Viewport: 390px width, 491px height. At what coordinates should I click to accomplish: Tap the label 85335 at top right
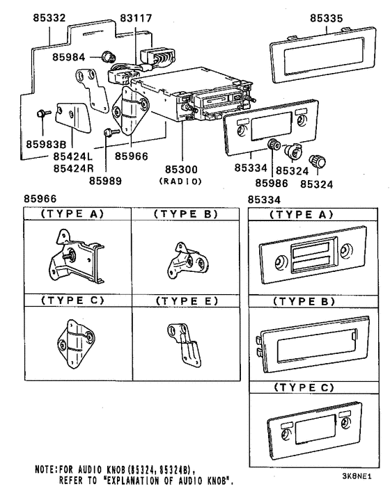click(325, 18)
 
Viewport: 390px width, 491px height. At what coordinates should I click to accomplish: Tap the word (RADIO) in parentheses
click(180, 182)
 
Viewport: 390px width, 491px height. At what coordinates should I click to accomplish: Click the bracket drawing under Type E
click(182, 343)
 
